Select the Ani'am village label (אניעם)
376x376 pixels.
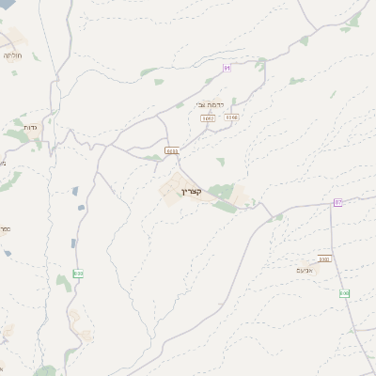pyautogui.click(x=316, y=271)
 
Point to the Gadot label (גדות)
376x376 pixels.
pyautogui.click(x=28, y=126)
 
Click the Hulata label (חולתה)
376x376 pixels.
pyautogui.click(x=12, y=55)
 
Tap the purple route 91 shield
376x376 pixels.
pyautogui.click(x=227, y=68)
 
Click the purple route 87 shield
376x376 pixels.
pyautogui.click(x=338, y=202)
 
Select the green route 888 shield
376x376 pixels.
pyautogui.click(x=78, y=274)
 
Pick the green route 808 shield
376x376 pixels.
pyautogui.click(x=344, y=293)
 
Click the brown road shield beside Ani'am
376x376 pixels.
pyautogui.click(x=324, y=258)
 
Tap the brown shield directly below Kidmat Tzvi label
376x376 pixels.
pyautogui.click(x=208, y=118)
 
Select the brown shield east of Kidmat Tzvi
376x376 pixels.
pyautogui.click(x=231, y=117)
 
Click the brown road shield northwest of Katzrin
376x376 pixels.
pyautogui.click(x=172, y=150)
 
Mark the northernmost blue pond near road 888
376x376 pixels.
pyautogui.click(x=75, y=191)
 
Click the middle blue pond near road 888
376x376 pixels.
pyautogui.click(x=81, y=208)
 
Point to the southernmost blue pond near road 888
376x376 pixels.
pyautogui.click(x=72, y=243)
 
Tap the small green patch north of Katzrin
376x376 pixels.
pyautogui.click(x=221, y=162)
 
